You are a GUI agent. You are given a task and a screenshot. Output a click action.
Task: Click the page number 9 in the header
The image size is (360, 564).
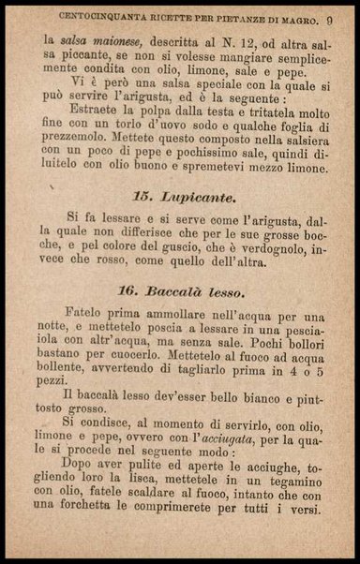pyautogui.click(x=332, y=17)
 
